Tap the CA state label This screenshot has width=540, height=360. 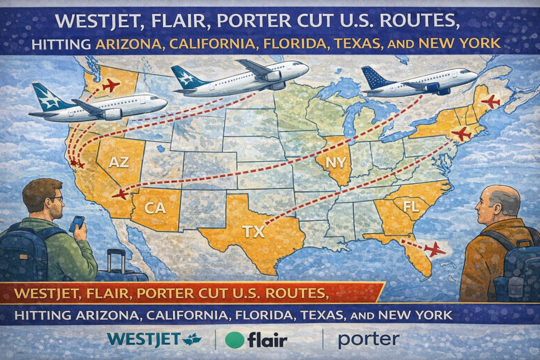(155, 208)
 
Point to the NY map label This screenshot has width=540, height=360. (335, 163)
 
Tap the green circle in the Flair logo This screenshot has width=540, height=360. (235, 340)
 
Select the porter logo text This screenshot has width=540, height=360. (368, 339)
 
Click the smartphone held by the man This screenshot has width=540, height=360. (77, 223)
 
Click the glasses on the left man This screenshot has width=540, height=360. (56, 199)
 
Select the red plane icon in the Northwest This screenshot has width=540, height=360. (111, 85)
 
